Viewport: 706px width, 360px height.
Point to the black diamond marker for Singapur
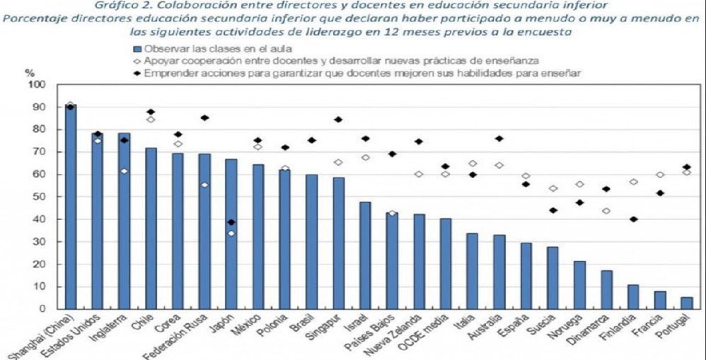click(x=338, y=120)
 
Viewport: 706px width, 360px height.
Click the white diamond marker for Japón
click(x=231, y=233)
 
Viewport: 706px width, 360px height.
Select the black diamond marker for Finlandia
click(x=633, y=219)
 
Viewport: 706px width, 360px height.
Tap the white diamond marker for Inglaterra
click(x=123, y=171)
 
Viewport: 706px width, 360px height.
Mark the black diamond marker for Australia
click(x=499, y=139)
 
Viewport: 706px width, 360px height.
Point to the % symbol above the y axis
click(x=30, y=73)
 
